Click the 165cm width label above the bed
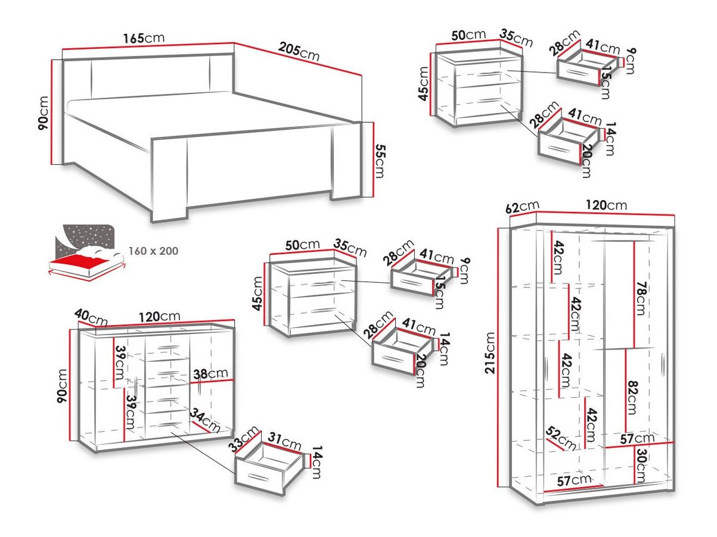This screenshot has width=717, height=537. coord(144,38)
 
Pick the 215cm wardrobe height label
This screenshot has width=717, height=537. coord(491,352)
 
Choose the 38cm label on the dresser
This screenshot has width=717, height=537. coord(210,373)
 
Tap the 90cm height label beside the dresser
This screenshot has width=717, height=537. coord(62,386)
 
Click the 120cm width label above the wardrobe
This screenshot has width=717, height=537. coord(606,205)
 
